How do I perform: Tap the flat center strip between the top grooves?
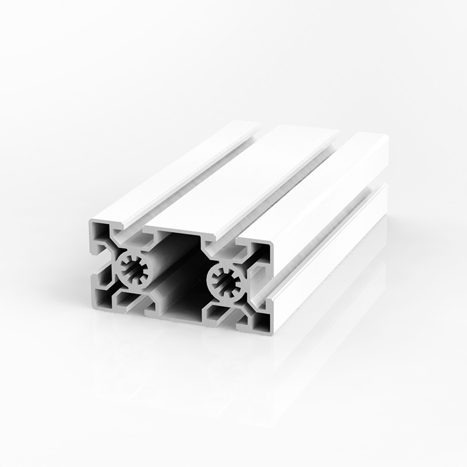coord(245,175)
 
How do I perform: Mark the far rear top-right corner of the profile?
coord(386,137)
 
